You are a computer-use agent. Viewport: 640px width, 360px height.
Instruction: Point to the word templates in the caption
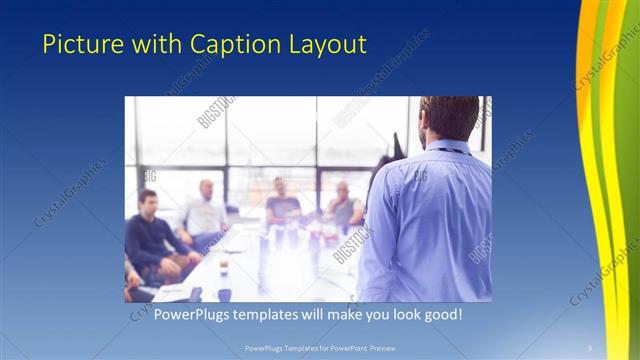pos(273,315)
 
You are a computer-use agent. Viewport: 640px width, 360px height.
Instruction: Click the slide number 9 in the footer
pos(590,347)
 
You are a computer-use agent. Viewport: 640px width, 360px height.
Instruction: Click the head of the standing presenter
pos(450,117)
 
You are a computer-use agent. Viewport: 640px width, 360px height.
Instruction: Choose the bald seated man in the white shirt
pos(205,215)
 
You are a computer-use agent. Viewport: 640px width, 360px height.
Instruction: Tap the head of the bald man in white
pos(206,188)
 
